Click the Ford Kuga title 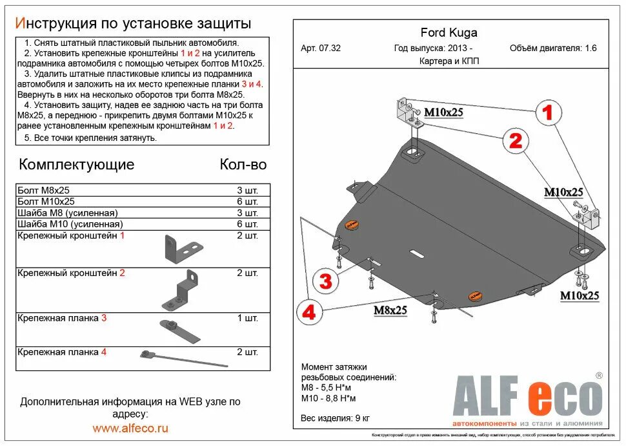point(449,33)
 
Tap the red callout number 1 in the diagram point(548,113)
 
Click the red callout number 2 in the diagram point(516,140)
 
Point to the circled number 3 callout point(326,281)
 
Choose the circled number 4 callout point(310,312)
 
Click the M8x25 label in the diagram point(390,311)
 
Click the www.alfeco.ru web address point(130,428)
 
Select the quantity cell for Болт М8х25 point(247,190)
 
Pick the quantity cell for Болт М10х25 point(247,202)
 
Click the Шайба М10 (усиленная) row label point(70,224)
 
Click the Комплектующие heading point(76,164)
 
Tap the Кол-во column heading point(243,164)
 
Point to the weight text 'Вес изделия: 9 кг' point(335,418)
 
